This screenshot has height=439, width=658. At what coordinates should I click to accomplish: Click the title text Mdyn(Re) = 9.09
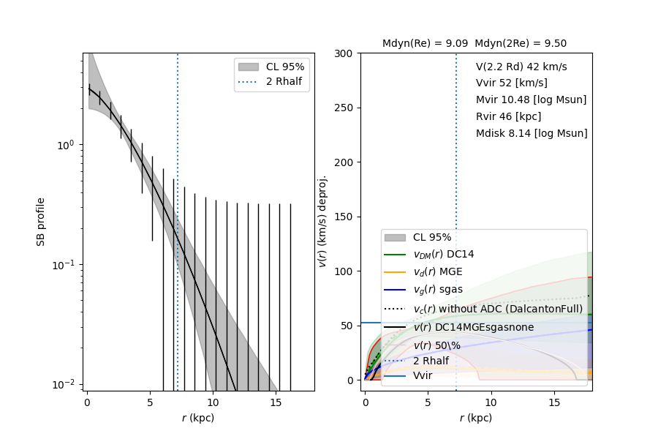click(425, 44)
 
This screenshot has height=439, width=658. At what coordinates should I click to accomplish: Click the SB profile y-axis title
click(42, 221)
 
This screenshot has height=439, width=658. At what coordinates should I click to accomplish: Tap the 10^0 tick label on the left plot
click(67, 145)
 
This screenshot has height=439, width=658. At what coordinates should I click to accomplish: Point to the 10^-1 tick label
click(65, 265)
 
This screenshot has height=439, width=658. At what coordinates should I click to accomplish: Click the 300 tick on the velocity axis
click(344, 53)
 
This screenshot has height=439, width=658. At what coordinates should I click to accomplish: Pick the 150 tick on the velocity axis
click(344, 217)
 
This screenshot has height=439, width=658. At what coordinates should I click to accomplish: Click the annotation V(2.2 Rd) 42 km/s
click(521, 67)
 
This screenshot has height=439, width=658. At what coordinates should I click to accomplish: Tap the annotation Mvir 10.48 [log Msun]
click(531, 100)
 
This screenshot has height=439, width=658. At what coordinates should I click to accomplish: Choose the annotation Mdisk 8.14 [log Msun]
click(532, 134)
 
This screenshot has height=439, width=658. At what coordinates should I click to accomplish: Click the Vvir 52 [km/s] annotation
click(512, 83)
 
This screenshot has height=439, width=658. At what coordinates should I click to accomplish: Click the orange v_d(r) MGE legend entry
click(438, 272)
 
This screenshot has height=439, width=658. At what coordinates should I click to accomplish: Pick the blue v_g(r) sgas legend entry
click(437, 290)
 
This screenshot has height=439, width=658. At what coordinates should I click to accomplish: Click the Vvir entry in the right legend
click(423, 376)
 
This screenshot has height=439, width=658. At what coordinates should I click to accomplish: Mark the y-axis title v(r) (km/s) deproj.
click(322, 221)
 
